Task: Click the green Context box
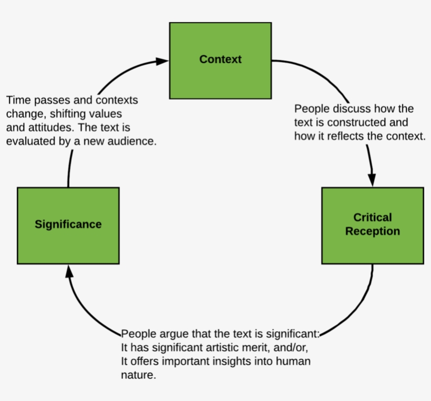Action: [x=220, y=60]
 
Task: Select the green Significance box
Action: [x=68, y=225]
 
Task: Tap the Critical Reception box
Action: [x=372, y=225]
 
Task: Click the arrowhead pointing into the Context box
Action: [x=163, y=62]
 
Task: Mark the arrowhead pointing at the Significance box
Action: [x=68, y=272]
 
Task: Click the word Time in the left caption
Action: [x=17, y=100]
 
